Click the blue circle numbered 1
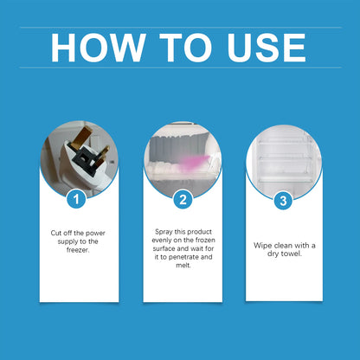[79, 200]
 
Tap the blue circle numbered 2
[181, 200]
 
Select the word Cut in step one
[55, 233]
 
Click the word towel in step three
[292, 254]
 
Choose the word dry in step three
[273, 254]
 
